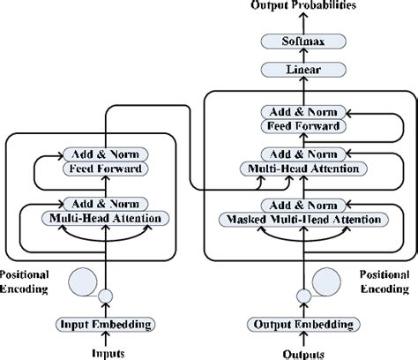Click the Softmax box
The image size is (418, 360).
tap(302, 41)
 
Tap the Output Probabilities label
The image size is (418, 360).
tap(302, 7)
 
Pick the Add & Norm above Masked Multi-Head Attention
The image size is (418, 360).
tap(302, 205)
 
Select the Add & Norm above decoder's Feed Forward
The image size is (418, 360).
tap(302, 112)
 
